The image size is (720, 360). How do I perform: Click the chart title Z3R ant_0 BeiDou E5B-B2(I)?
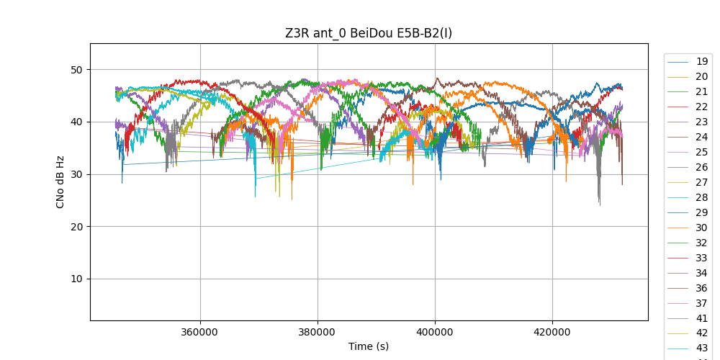point(369,32)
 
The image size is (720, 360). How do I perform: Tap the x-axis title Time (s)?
point(369,346)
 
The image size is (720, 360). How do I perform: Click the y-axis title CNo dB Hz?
point(60,181)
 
